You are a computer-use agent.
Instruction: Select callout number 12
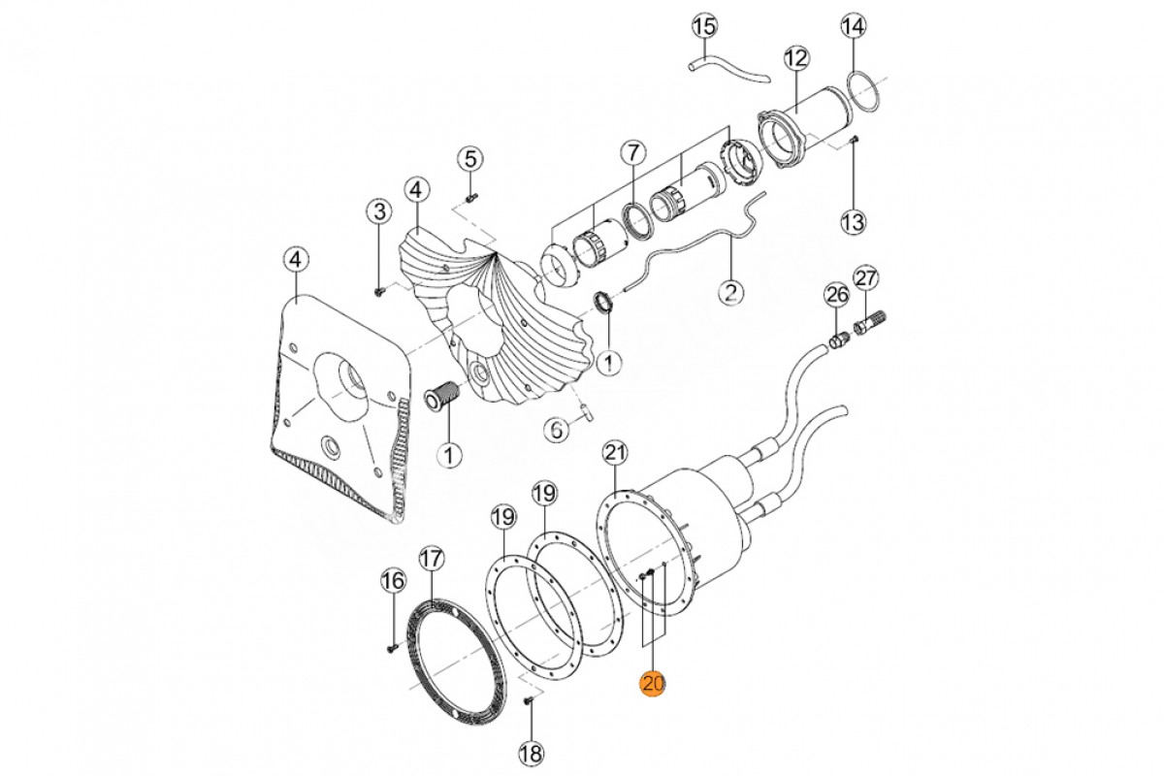coord(795,58)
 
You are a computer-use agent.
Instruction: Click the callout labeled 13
coord(852,222)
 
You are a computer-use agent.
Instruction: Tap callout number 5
coord(470,158)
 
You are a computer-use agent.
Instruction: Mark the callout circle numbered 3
coord(377,210)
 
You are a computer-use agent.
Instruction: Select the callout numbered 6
coord(553,429)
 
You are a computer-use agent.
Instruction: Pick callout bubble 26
coord(836,294)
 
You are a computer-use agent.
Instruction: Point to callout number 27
coord(866,279)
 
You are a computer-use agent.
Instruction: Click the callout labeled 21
coord(615,452)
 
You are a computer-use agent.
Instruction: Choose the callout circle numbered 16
coord(392,581)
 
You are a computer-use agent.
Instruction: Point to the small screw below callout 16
coord(390,645)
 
